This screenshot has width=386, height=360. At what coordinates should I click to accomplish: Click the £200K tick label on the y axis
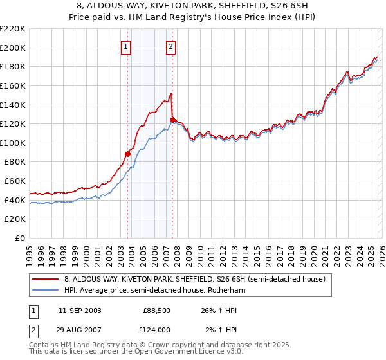[x=13, y=48]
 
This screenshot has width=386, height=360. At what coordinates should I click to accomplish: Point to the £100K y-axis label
[x=13, y=143]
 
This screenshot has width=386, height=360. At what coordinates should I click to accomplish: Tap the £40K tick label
[x=15, y=200]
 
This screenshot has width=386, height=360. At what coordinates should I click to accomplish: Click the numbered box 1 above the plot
[x=126, y=46]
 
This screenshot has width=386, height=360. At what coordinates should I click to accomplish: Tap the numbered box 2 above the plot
[x=171, y=46]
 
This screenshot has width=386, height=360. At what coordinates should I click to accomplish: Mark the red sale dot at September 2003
[x=127, y=154]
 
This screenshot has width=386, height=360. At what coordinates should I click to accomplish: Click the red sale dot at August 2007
[x=172, y=120]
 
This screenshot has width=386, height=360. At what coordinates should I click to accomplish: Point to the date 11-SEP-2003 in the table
[x=80, y=310]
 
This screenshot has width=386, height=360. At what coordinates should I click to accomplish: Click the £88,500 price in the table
[x=156, y=310]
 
